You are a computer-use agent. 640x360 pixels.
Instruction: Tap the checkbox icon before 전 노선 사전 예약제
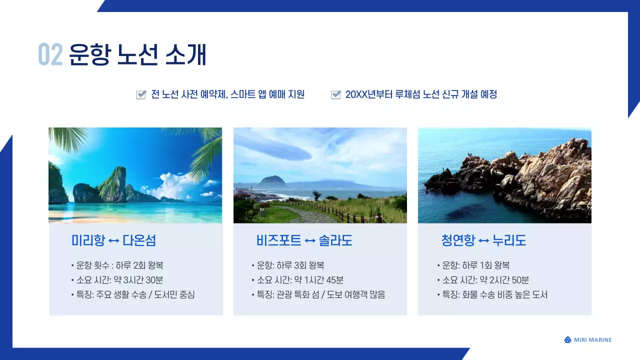(141, 95)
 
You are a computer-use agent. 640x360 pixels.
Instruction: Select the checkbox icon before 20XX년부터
(336, 95)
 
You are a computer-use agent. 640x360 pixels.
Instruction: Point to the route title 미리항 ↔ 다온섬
(113, 240)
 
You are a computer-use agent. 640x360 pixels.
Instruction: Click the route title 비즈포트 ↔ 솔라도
(304, 240)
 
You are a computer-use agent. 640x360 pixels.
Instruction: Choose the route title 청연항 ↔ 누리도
(483, 240)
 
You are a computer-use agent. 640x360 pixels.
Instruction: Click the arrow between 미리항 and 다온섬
(113, 241)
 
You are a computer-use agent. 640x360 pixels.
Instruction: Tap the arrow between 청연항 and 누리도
(483, 241)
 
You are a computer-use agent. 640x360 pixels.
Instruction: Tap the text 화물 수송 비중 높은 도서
(505, 295)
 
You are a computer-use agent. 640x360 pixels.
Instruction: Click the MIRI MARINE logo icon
(567, 340)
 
